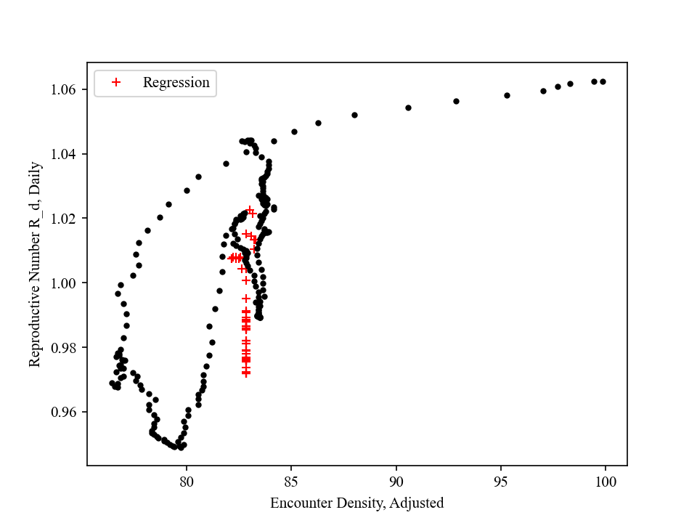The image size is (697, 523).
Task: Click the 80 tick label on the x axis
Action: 187,480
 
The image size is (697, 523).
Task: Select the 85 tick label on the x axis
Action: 291,480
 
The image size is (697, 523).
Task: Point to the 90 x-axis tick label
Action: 396,480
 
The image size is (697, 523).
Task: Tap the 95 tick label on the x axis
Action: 501,480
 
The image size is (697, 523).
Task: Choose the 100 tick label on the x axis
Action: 606,480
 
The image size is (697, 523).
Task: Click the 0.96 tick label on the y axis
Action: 65,412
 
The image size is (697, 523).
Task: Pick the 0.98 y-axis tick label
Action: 65,347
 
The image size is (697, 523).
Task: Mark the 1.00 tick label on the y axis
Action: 65,283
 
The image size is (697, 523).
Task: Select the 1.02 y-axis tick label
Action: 65,218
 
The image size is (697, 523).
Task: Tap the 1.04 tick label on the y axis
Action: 65,154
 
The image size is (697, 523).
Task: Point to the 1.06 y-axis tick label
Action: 65,89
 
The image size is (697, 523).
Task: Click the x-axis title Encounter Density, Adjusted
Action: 356,503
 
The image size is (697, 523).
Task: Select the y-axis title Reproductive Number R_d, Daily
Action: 35,264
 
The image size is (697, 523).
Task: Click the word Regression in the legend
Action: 176,83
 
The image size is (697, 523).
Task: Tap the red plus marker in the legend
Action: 115,83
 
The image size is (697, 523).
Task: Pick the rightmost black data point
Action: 603,81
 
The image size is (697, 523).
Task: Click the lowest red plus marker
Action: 246,373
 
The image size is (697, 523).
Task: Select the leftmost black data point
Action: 112,383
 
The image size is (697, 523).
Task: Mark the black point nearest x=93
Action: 456,101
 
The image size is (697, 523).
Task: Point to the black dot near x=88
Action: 354,115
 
